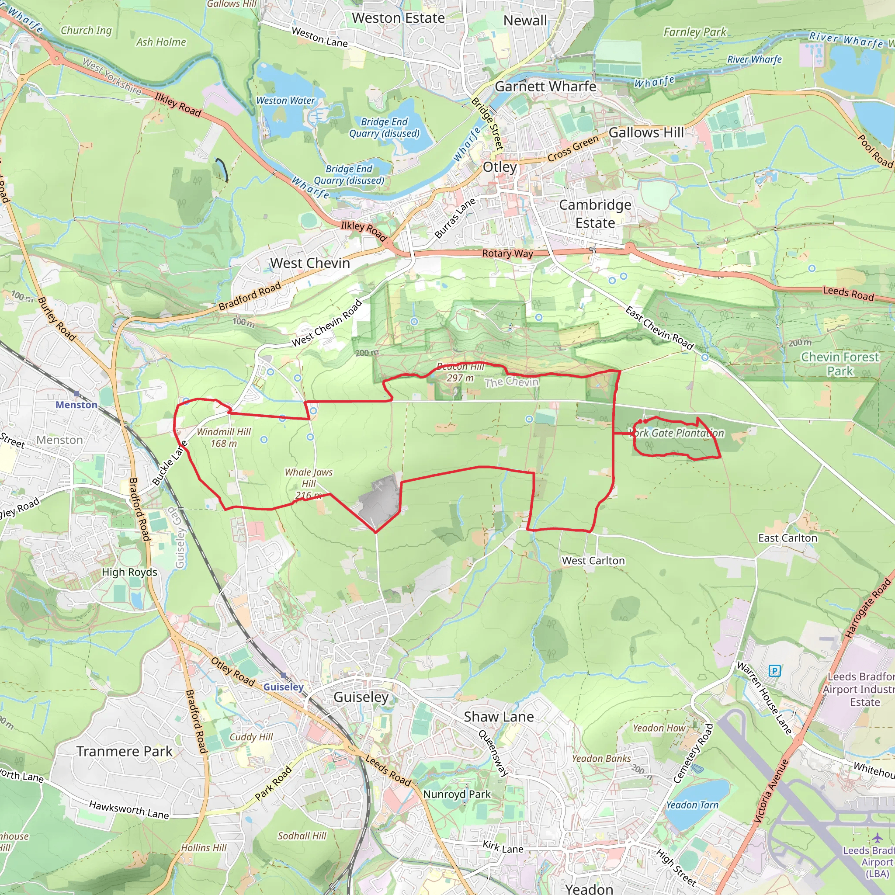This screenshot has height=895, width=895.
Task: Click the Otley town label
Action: click(500, 167)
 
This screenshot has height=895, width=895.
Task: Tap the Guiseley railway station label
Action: click(284, 687)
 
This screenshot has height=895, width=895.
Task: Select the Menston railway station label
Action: click(76, 404)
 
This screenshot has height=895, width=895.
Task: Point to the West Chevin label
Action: click(310, 263)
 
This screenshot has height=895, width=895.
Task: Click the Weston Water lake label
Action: click(285, 101)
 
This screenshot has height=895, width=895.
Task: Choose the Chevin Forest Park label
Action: click(839, 364)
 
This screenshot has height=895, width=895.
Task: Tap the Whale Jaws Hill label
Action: click(309, 484)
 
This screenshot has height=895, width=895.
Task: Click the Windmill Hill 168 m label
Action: click(224, 437)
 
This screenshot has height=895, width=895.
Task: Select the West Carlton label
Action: click(593, 561)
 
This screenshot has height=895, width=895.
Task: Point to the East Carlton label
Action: click(787, 538)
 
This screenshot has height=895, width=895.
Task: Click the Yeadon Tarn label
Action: click(692, 805)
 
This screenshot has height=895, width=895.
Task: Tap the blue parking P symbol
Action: click(774, 670)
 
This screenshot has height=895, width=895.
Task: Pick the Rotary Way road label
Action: click(507, 253)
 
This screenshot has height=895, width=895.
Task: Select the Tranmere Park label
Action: click(124, 751)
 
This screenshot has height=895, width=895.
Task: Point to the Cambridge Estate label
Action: click(595, 214)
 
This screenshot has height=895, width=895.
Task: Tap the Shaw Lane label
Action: click(499, 717)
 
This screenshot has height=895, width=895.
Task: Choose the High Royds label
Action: click(129, 572)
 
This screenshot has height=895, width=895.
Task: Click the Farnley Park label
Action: click(695, 32)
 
